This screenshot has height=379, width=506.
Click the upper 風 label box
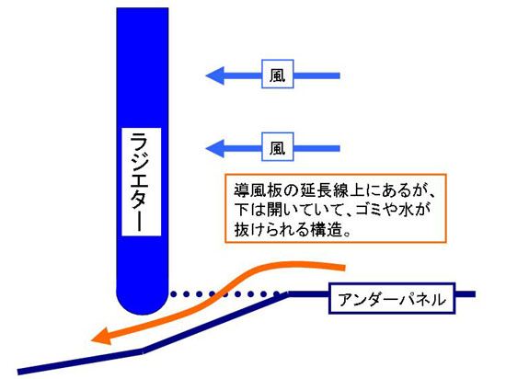pyautogui.click(x=278, y=74)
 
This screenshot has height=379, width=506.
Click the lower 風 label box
pyautogui.click(x=278, y=147)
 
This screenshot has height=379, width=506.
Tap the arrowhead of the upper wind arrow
pyautogui.click(x=215, y=75)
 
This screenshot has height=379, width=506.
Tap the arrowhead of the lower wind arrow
pyautogui.click(x=215, y=149)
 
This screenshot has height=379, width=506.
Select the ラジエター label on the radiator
pyautogui.click(x=142, y=181)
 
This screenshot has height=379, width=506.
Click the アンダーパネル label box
pyautogui.click(x=392, y=298)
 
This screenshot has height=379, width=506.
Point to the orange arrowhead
pyautogui.click(x=100, y=337)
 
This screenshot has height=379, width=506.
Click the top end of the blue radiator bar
pyautogui.click(x=143, y=9)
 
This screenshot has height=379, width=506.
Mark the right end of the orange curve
pyautogui.click(x=344, y=268)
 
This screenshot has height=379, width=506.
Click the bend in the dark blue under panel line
pyautogui.click(x=143, y=350)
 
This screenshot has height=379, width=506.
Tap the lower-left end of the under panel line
pyautogui.click(x=18, y=372)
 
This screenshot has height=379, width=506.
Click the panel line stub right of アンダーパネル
pyautogui.click(x=466, y=293)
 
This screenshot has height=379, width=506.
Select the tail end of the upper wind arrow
pyautogui.click(x=339, y=75)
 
